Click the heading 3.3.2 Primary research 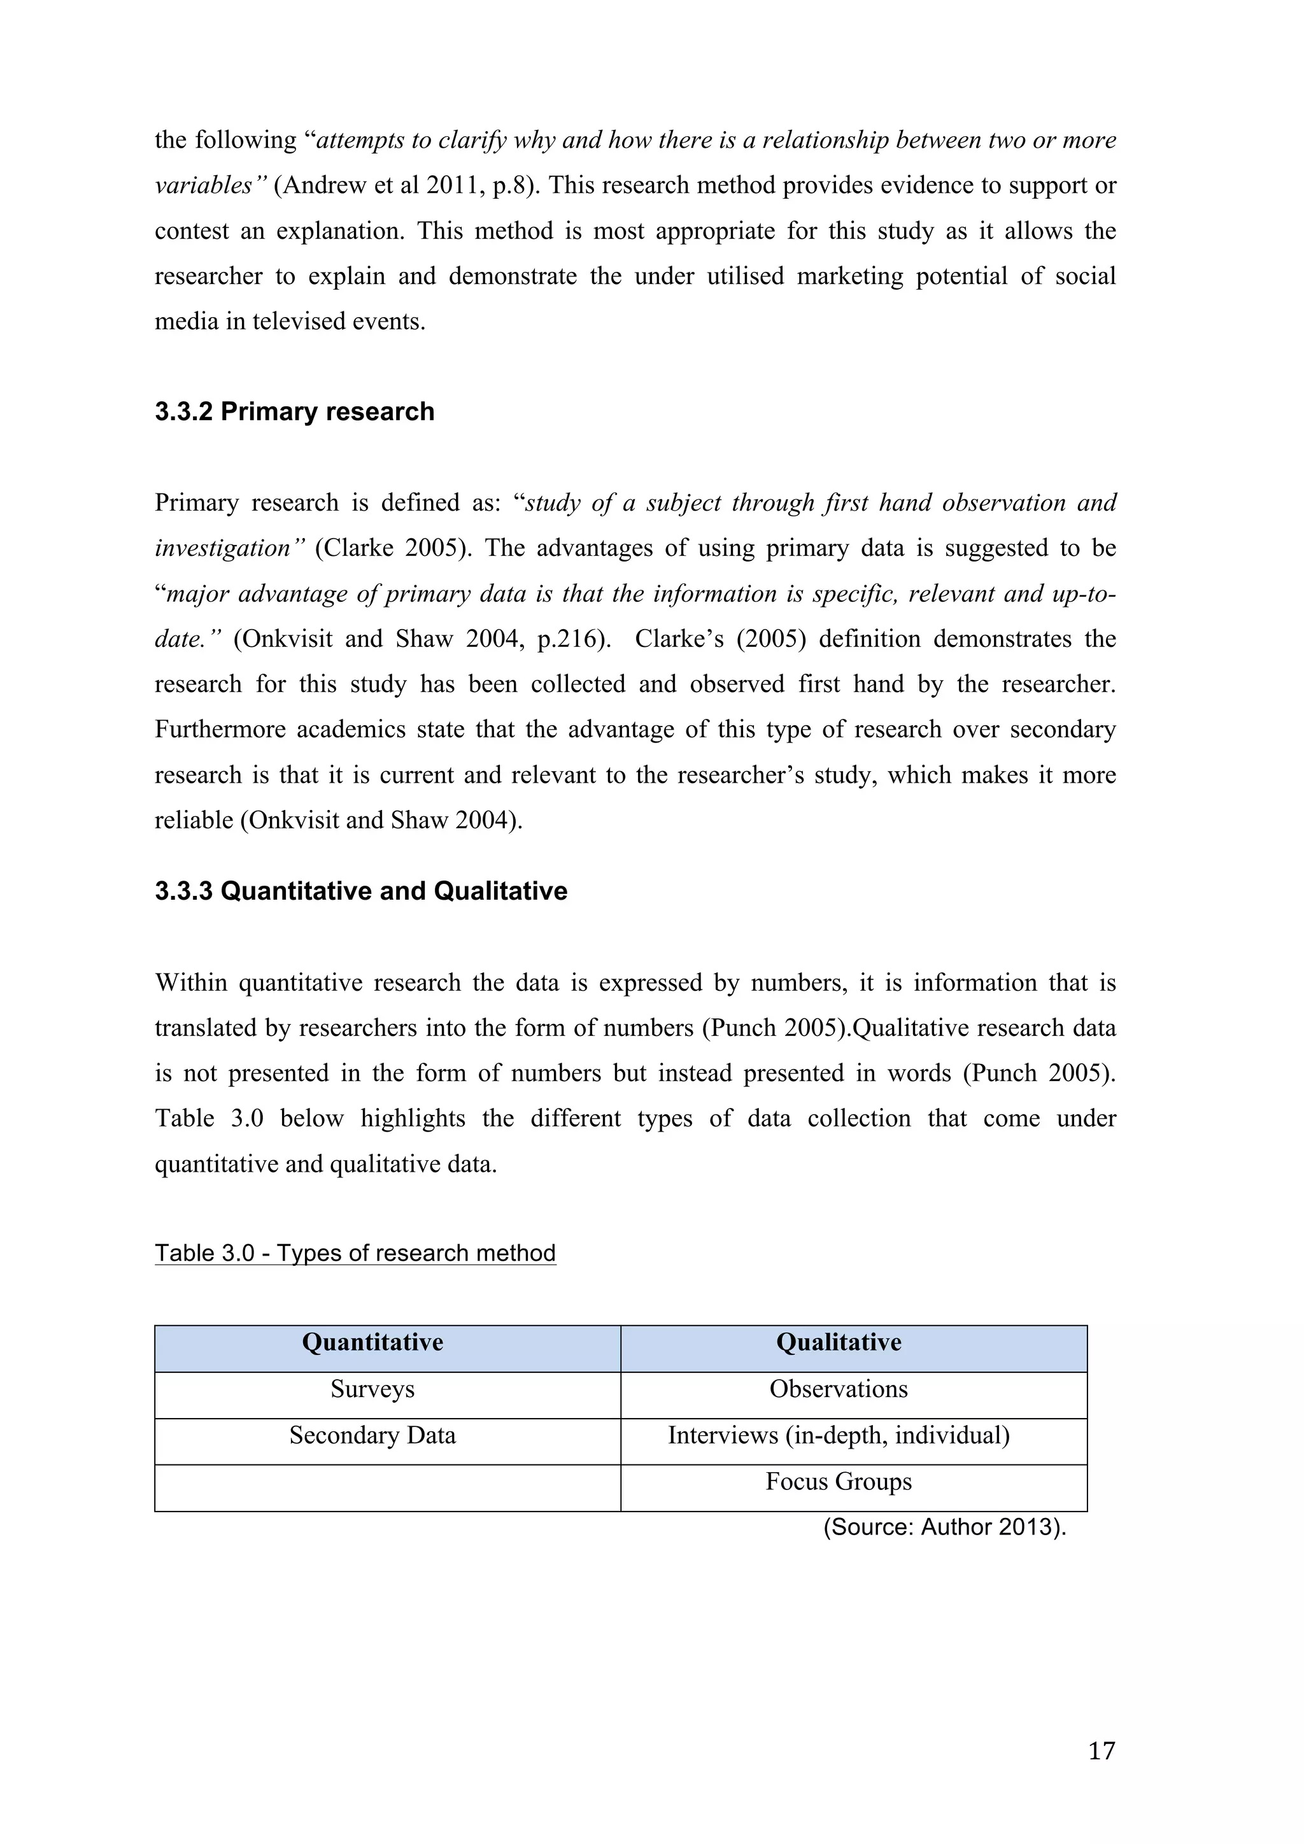(x=294, y=411)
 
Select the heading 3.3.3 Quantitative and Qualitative (x=360, y=891)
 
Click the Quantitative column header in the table (x=372, y=1342)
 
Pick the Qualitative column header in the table (x=839, y=1342)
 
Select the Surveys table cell (x=372, y=1389)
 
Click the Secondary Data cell (x=372, y=1435)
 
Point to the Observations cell (x=839, y=1389)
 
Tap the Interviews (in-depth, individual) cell (x=839, y=1435)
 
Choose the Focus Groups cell (x=839, y=1481)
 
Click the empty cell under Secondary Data (x=387, y=1487)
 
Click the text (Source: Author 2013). (x=944, y=1527)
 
